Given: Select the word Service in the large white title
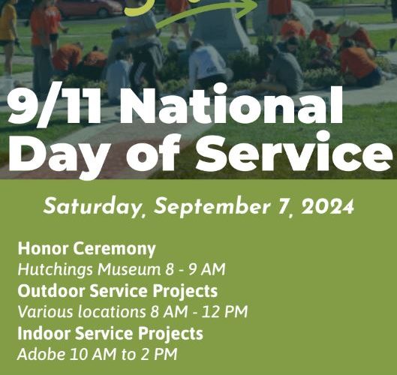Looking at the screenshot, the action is pos(293,152).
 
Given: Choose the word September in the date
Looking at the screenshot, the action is pos(212,206).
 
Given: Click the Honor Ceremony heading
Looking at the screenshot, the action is pos(86,249).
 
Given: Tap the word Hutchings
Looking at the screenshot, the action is pos(56,269).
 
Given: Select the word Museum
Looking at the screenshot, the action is pos(130,269).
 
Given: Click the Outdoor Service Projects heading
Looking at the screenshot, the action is pos(118,291).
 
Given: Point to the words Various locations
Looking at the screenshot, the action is pos(81,311).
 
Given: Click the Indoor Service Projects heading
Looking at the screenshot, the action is pos(110,334).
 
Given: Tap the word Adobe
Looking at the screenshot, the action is pos(41,354).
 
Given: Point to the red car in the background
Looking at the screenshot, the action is pos(89,8).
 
